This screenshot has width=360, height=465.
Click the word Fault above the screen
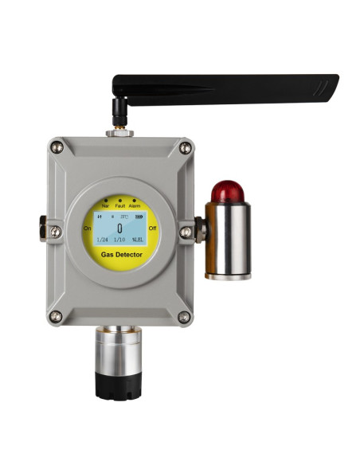click(x=119, y=206)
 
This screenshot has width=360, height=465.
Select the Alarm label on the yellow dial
click(x=135, y=206)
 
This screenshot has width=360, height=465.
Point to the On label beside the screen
click(x=87, y=228)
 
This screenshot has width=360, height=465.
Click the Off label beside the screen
click(x=153, y=228)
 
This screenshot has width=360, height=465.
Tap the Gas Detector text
click(x=119, y=255)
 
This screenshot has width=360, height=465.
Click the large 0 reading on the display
click(x=119, y=227)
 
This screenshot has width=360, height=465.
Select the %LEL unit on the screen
click(x=138, y=240)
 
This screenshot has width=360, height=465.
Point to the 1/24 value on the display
click(x=102, y=240)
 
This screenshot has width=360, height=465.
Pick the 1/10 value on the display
click(x=119, y=240)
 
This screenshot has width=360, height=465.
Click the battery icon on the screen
click(x=139, y=216)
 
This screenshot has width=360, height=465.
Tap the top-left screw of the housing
click(x=56, y=147)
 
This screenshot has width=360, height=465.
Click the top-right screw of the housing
click(x=186, y=147)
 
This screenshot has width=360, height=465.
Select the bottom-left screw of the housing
click(x=56, y=317)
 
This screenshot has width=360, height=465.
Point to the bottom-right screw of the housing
click(x=185, y=317)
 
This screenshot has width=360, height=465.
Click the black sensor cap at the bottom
click(x=119, y=386)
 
